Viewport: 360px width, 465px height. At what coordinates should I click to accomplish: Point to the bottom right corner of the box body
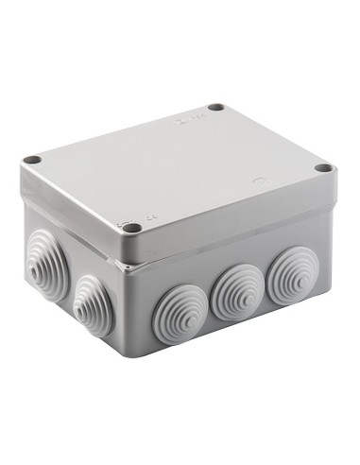click(x=327, y=307)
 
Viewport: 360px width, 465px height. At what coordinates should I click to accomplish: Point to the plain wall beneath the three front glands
click(x=236, y=340)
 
